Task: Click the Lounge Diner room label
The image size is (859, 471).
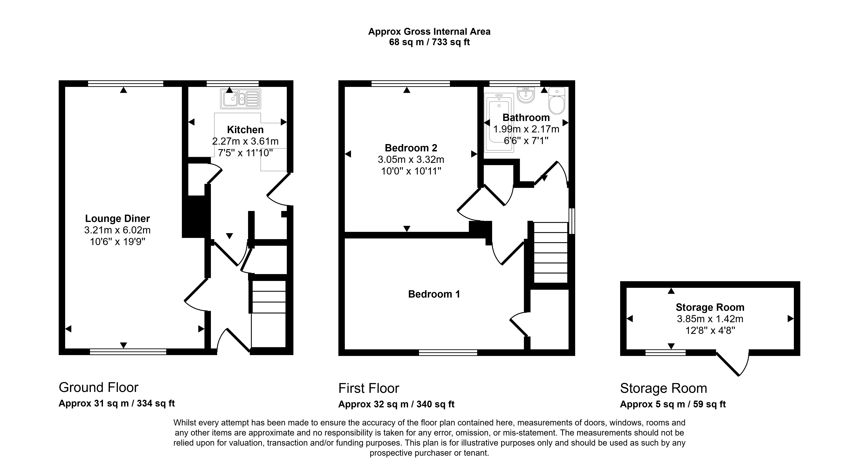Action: [x=117, y=218]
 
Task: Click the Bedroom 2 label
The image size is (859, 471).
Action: [x=411, y=148]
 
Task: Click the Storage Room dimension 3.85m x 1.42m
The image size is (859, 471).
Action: [x=710, y=319]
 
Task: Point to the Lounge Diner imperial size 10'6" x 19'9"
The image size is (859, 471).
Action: [x=118, y=242]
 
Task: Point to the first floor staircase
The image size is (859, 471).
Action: [x=550, y=253]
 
